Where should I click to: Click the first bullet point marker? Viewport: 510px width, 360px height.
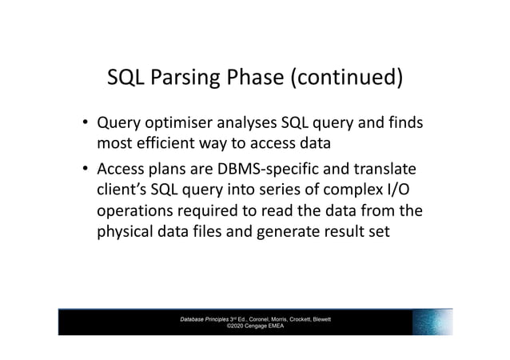pos(83,125)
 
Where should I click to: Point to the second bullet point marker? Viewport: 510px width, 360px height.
pos(83,171)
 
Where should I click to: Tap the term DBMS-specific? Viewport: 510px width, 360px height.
pos(284,170)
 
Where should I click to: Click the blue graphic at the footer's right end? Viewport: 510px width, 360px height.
pos(432,322)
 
